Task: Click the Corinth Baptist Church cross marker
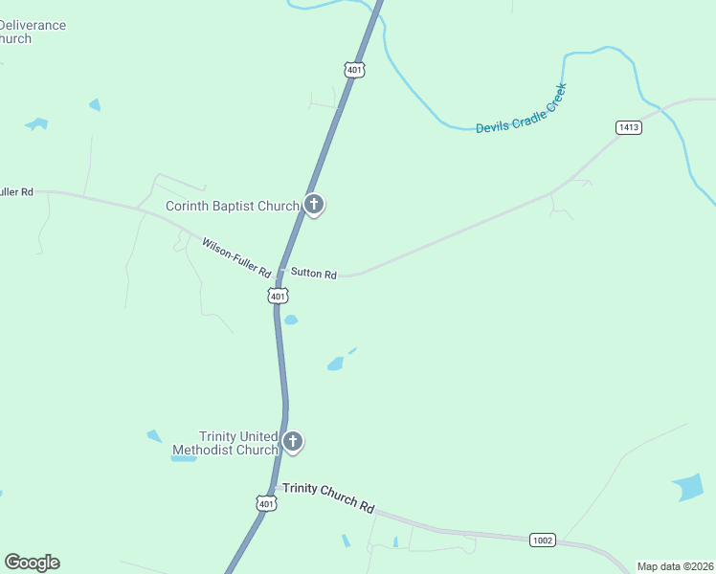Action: [x=314, y=205]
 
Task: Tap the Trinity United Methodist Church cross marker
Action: [x=293, y=442]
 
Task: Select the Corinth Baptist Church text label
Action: [x=233, y=206]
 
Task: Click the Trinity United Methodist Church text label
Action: [x=225, y=443]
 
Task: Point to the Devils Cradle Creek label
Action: [x=522, y=109]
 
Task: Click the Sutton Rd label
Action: [x=314, y=275]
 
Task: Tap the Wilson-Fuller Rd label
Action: [x=236, y=258]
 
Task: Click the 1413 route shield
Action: [x=628, y=127]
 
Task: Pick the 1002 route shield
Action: [x=543, y=541]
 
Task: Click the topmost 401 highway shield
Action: [x=354, y=69]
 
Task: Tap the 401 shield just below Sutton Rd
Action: [x=278, y=297]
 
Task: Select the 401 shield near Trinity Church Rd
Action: [x=267, y=502]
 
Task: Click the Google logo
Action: [x=32, y=563]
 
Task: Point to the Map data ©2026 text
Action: [x=675, y=566]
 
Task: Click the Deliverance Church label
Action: [x=32, y=32]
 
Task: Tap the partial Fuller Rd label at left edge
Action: [x=16, y=191]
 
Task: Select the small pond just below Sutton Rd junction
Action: [x=290, y=320]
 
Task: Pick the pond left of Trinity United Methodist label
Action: [x=154, y=436]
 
